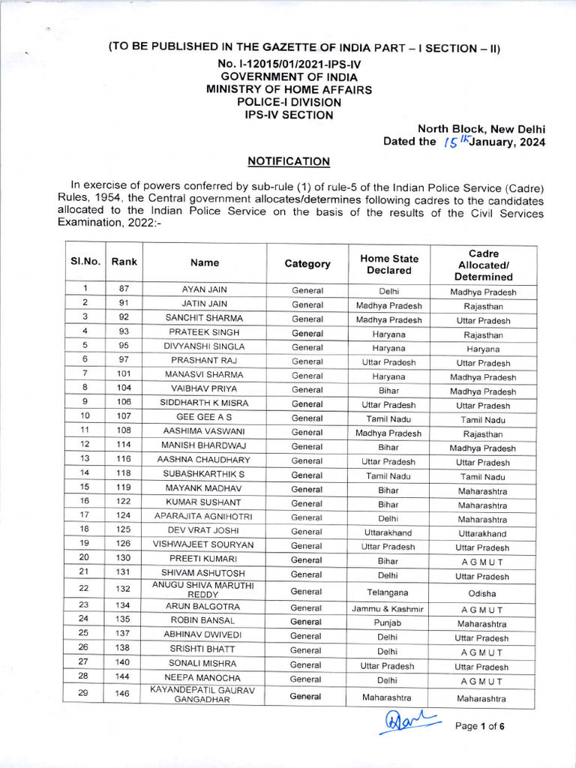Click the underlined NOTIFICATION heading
(289, 160)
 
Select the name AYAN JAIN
(204, 289)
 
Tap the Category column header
(307, 263)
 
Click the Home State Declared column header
(389, 264)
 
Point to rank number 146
(122, 694)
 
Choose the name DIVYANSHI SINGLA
(204, 346)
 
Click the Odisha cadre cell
(483, 592)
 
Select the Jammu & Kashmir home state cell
(388, 608)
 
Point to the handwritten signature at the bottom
(410, 723)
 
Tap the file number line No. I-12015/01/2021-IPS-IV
(288, 64)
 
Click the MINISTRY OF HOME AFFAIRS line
(288, 89)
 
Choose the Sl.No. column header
(85, 262)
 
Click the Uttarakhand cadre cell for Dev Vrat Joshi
(483, 533)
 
